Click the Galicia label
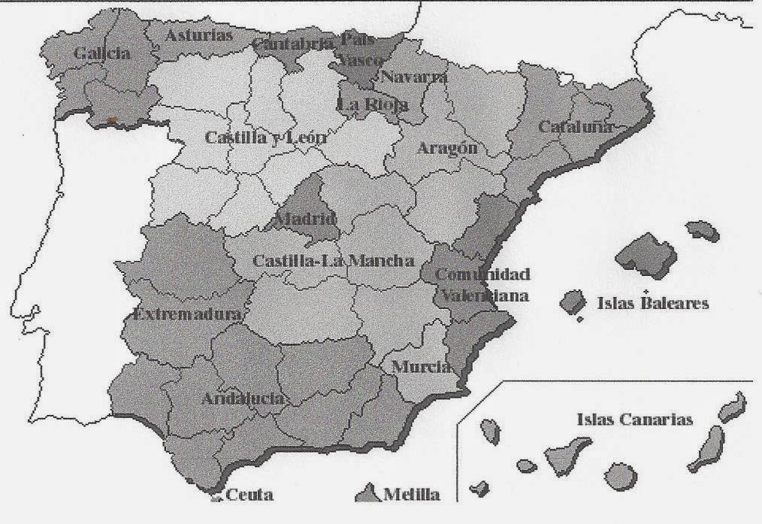point(102,53)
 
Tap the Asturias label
point(199,35)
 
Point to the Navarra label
point(414,77)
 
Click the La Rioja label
point(373,105)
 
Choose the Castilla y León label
point(255,138)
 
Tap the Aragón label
point(448,148)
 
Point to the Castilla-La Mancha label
point(333,261)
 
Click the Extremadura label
point(187,313)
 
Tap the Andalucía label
point(242,398)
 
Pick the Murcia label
point(422,367)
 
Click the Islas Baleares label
point(652,304)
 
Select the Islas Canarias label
point(634,420)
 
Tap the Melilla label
point(411,495)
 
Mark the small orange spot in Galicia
point(112,119)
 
